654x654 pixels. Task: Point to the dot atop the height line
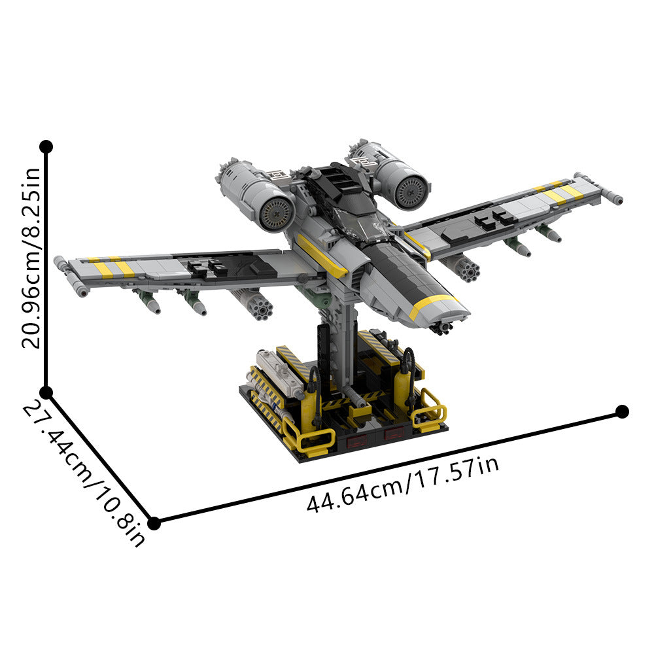click(46, 146)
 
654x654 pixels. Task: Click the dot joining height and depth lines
click(46, 392)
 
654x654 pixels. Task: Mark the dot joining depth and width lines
click(154, 523)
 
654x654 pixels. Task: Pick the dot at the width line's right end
click(622, 411)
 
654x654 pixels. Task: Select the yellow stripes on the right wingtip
click(559, 192)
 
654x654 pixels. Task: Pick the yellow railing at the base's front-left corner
click(307, 439)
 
